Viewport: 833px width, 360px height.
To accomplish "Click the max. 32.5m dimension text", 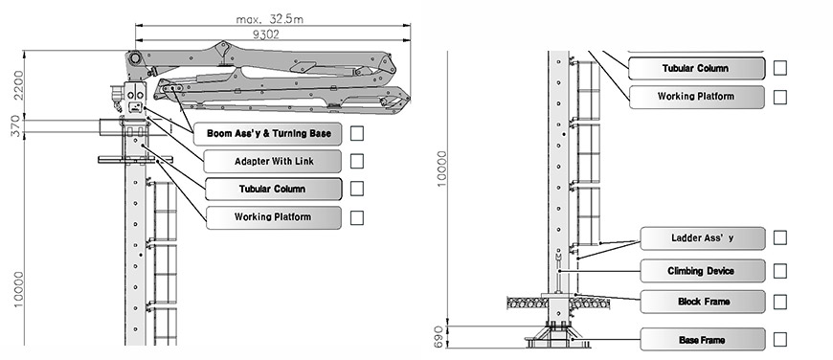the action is pyautogui.click(x=269, y=20).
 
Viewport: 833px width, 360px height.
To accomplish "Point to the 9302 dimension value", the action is pyautogui.click(x=265, y=35).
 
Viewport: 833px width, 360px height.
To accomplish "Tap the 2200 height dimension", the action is pyautogui.click(x=18, y=85).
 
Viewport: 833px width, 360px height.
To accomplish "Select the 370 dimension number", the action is pyautogui.click(x=15, y=126).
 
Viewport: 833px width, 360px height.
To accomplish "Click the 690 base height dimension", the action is pyautogui.click(x=439, y=337).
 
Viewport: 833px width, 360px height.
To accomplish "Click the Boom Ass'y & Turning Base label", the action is pyautogui.click(x=268, y=133).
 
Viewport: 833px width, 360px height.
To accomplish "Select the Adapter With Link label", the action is pyautogui.click(x=273, y=162).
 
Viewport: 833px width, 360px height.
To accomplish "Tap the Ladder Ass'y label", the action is pyautogui.click(x=703, y=238).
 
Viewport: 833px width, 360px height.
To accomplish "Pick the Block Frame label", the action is pyautogui.click(x=703, y=302).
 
